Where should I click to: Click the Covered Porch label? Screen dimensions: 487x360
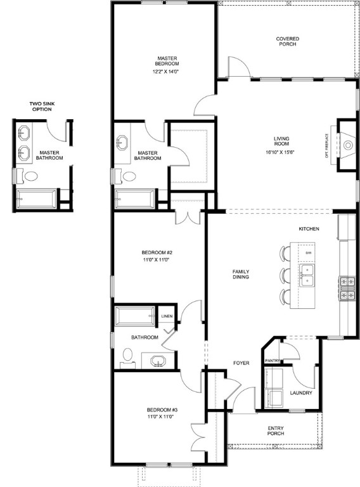tap(287, 42)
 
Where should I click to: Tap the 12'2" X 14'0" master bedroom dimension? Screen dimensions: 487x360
tap(167, 72)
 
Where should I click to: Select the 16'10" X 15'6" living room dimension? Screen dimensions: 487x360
tap(281, 152)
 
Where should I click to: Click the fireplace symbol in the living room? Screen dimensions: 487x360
tap(347, 145)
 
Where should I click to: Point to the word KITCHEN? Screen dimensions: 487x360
tap(309, 229)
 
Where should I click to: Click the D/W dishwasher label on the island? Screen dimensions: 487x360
tap(308, 253)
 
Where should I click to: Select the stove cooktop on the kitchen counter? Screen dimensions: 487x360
tap(347, 287)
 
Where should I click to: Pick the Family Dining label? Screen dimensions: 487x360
tap(240, 274)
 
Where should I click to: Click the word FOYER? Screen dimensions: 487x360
tap(241, 363)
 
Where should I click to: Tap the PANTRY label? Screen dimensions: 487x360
tap(273, 361)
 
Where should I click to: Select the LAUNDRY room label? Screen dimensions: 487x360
tap(301, 393)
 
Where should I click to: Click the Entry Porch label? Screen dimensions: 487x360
tap(274, 431)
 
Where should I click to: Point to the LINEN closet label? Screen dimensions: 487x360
tap(167, 316)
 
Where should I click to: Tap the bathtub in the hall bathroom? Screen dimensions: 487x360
tap(135, 315)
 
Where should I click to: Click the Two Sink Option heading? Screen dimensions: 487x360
tap(41, 107)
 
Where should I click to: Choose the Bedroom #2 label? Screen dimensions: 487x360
tap(157, 256)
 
